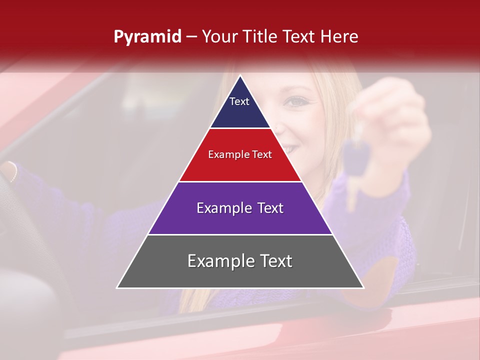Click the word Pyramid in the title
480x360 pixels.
147,37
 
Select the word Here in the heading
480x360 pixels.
339,36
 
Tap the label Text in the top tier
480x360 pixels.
239,101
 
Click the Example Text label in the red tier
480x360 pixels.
240,154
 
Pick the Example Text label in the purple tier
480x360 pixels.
240,208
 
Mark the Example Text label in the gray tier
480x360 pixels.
240,261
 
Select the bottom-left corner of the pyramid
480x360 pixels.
117,288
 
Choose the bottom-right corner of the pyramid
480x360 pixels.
363,288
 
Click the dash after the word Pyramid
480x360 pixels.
191,37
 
